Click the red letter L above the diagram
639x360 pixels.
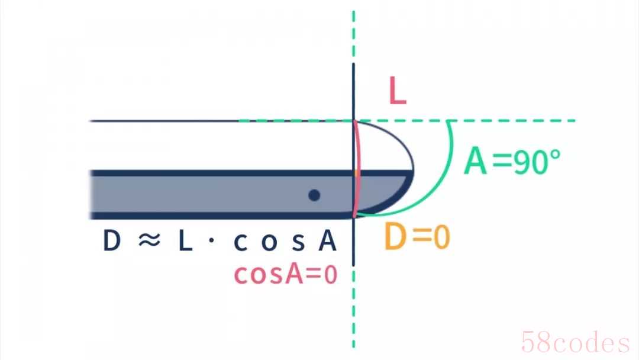coord(398,91)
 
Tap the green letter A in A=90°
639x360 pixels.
coord(476,161)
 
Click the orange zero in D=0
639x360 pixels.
coord(441,237)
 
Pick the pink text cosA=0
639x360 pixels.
coord(286,274)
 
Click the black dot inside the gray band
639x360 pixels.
coord(314,195)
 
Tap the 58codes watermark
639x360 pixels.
coord(576,342)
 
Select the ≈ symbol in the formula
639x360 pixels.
coord(149,240)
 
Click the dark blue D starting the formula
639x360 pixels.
coord(112,240)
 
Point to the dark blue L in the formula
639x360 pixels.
coord(185,240)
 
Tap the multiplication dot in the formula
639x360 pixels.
coord(211,240)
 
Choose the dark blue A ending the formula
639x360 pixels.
coord(328,240)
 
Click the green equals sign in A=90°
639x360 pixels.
coord(502,162)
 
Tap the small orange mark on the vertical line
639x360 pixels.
coord(357,173)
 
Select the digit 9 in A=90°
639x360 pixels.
coord(521,162)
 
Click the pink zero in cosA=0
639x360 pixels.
coord(331,275)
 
